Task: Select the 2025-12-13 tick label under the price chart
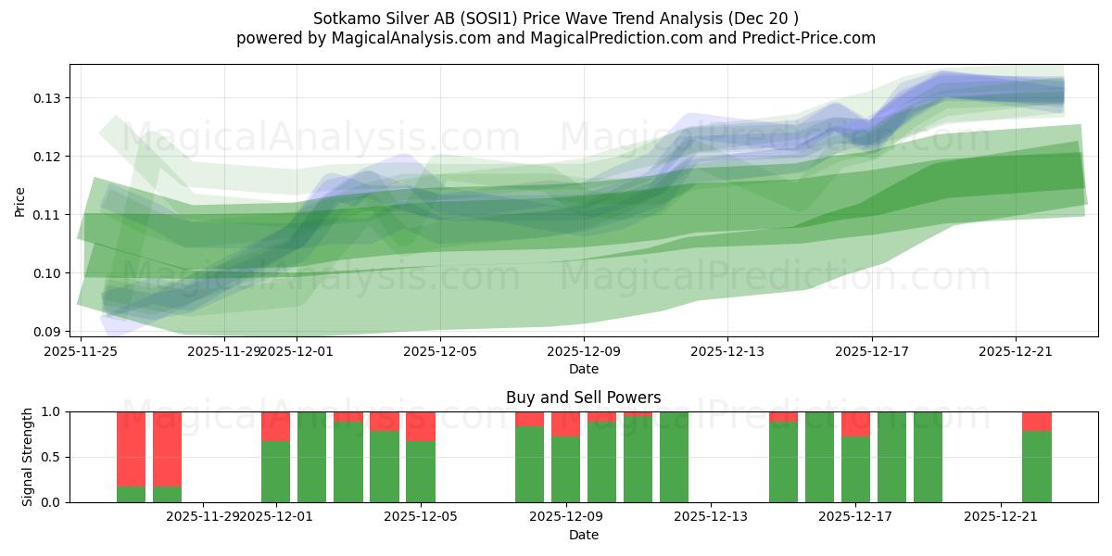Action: [727, 351]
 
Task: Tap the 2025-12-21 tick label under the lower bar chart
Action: [1001, 517]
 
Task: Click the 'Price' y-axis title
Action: [20, 202]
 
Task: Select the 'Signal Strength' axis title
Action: [28, 456]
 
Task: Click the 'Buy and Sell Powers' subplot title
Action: [583, 398]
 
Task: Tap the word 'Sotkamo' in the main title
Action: [344, 18]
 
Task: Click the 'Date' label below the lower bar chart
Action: [583, 535]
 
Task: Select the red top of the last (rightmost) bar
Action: [1037, 421]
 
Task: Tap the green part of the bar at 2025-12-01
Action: [275, 472]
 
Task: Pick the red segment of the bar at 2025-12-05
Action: [421, 426]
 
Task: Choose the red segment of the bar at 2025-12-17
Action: [855, 423]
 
